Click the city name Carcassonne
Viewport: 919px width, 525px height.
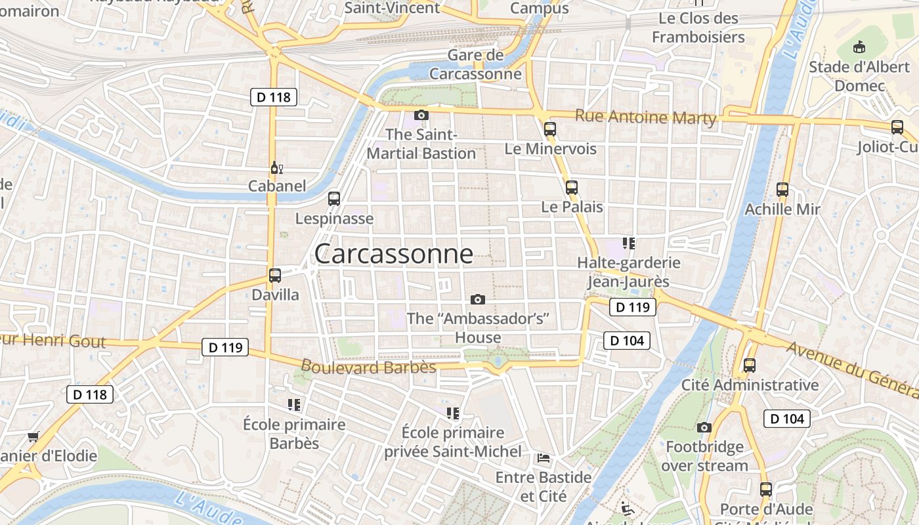coord(393,254)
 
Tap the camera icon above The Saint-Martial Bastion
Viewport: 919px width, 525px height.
coord(421,115)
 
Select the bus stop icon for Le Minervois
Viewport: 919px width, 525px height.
coord(550,129)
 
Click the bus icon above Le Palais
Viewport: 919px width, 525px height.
coord(572,188)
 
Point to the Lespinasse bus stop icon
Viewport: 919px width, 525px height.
coord(334,199)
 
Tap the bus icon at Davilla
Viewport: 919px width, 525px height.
coord(275,276)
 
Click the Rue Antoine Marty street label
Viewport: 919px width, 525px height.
coord(645,117)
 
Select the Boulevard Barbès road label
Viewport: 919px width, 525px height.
coord(368,366)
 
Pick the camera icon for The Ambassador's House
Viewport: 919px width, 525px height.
coord(478,299)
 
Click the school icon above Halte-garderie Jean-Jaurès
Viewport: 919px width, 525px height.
coord(629,243)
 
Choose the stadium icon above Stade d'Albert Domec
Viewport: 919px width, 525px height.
coord(859,47)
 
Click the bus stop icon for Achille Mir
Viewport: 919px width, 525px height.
coord(782,190)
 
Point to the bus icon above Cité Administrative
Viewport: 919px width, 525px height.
coord(750,366)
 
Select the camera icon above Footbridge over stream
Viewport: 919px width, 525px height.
coord(704,428)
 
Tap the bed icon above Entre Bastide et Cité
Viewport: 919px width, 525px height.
coord(544,457)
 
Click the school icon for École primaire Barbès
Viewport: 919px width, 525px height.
coord(294,404)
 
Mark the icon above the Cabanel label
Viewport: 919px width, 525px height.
coord(276,167)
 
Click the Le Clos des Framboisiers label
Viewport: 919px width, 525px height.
coord(698,28)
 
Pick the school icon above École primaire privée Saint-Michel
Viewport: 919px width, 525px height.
coord(453,413)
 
